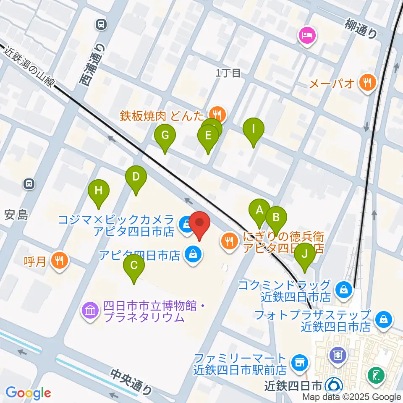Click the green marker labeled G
point(165,136)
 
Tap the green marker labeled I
point(254,129)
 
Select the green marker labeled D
point(136,177)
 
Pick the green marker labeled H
point(99,191)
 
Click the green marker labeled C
point(134,266)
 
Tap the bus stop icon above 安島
point(29,183)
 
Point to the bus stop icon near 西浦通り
point(101,25)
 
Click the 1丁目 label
point(228,73)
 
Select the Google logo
point(28,393)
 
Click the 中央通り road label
point(132,382)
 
